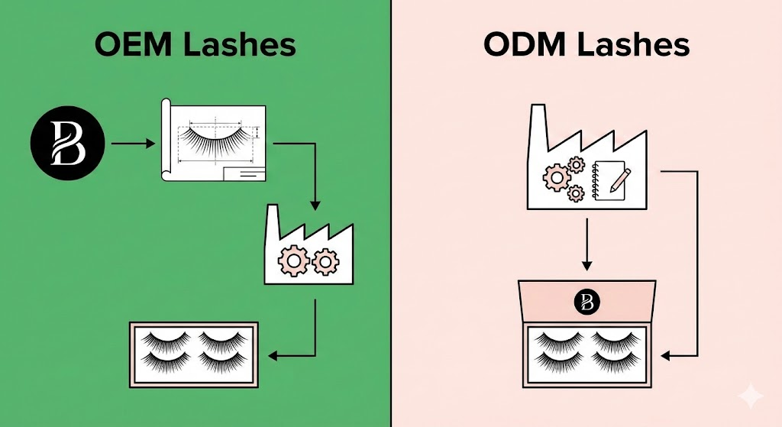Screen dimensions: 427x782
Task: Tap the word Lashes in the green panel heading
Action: coord(241,45)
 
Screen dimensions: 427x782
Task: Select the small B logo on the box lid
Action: coord(586,301)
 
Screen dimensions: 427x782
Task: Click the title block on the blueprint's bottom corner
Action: coord(243,175)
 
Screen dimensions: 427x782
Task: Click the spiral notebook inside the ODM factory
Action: coord(608,180)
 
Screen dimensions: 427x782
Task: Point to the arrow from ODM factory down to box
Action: coord(586,244)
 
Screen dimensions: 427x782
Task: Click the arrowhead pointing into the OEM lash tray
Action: coord(276,355)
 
